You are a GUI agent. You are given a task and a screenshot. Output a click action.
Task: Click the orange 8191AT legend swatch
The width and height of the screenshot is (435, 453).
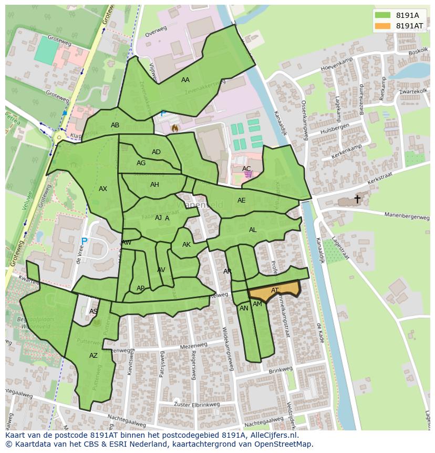coord(383,26)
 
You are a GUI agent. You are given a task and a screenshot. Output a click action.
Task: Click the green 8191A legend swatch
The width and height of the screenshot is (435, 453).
coord(383,15)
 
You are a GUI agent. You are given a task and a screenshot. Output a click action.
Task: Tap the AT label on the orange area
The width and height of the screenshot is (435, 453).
coord(275,290)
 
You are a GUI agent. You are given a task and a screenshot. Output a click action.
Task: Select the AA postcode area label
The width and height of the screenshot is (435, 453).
coord(185,80)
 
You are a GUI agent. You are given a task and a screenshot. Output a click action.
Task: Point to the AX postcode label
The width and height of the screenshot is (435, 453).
coord(103,189)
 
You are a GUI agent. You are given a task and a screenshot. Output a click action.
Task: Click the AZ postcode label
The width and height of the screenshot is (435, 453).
coord(93,356)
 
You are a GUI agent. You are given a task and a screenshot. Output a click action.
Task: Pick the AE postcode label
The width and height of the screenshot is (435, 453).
coord(241,200)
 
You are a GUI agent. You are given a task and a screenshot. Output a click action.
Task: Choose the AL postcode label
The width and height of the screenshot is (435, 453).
coord(253,230)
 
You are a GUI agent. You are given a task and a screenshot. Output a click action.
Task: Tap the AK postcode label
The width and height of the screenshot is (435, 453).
coord(187,245)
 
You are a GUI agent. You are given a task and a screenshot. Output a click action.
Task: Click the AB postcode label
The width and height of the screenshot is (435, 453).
coord(115,125)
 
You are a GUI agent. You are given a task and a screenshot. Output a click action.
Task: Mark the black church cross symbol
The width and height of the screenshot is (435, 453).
coord(357,199)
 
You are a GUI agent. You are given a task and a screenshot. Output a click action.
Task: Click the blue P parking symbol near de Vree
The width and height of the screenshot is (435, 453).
coord(84,241)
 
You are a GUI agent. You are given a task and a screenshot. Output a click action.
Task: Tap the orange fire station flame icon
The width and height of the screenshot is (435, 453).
coord(175,127)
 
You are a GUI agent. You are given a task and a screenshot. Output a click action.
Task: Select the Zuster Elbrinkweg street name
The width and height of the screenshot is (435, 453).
coord(196,404)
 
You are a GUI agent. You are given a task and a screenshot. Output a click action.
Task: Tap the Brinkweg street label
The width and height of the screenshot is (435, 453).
coord(280,370)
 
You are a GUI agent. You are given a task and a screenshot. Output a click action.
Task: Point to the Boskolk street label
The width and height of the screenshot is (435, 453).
coord(418,52)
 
